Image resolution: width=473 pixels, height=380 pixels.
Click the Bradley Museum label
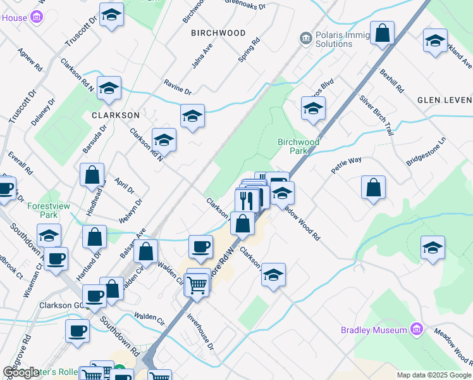point(373,330)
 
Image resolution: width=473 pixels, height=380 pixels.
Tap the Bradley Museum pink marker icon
point(416,329)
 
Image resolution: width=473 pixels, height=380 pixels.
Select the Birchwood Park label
point(298,146)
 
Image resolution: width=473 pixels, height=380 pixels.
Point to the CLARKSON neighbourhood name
point(115,115)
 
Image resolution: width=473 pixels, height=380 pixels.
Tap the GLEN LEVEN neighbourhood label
point(445,100)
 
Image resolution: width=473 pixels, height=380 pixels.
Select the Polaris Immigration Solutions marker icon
point(306,39)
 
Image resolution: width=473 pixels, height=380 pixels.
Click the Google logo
point(21,372)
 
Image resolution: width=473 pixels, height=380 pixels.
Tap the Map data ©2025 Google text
point(434,375)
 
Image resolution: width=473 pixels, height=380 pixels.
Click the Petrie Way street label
point(347,165)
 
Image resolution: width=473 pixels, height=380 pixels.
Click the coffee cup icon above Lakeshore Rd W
point(201,246)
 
